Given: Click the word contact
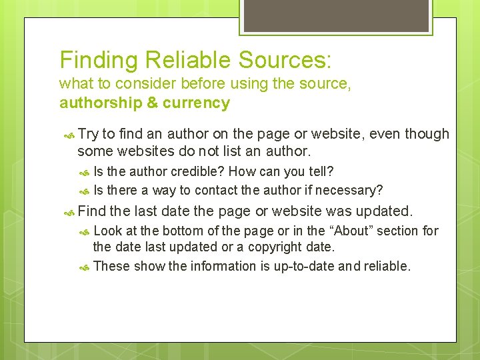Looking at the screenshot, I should [217, 191].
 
